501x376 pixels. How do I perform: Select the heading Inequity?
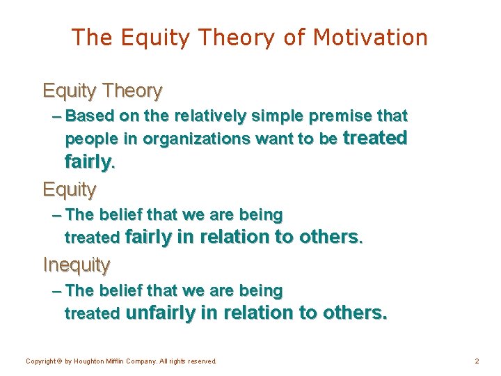coord(77,265)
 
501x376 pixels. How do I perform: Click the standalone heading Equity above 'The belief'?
coord(70,189)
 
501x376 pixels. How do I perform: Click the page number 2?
coord(477,361)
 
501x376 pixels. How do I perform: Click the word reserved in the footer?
coord(201,361)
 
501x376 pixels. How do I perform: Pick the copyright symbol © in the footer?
coord(61,361)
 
